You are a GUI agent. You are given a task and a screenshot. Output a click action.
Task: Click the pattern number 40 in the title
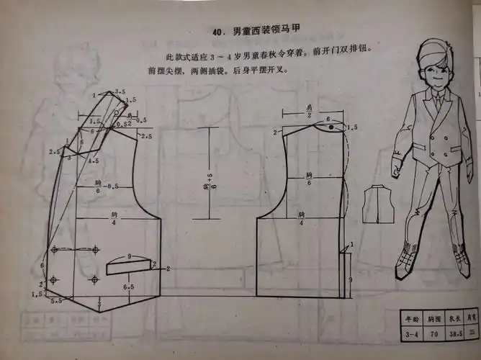tap(219, 32)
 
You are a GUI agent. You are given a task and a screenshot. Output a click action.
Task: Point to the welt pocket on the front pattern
tap(130, 267)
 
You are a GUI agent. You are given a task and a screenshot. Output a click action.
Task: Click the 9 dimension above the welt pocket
tap(129, 256)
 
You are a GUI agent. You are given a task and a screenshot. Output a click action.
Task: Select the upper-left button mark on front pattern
tap(55, 250)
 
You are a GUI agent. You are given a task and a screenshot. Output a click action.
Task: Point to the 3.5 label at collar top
tap(122, 92)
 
